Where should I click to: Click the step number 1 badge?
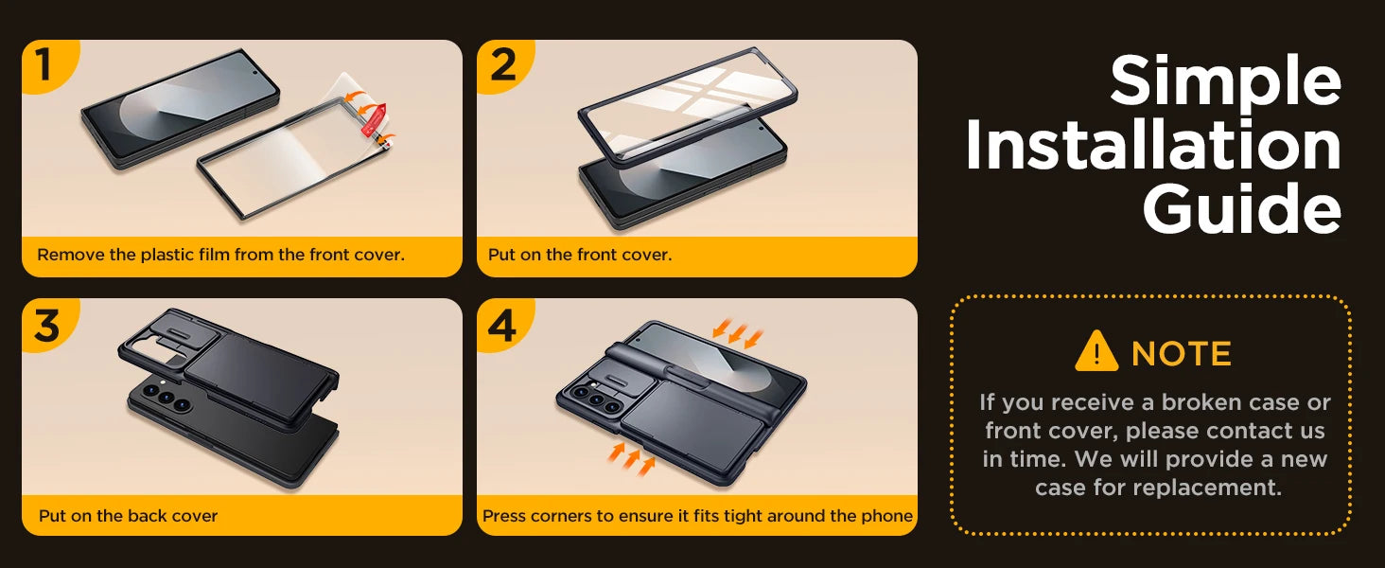[x=44, y=65]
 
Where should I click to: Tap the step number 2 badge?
[x=502, y=65]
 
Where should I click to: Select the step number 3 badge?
[x=46, y=325]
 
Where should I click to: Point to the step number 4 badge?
[x=501, y=325]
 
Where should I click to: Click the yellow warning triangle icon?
[x=1096, y=352]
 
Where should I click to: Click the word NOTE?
[x=1181, y=354]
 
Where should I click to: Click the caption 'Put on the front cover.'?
[x=580, y=255]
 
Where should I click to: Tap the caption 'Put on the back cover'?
[x=128, y=516]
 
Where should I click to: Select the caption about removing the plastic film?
[x=220, y=255]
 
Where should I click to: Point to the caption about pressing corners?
[x=697, y=516]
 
